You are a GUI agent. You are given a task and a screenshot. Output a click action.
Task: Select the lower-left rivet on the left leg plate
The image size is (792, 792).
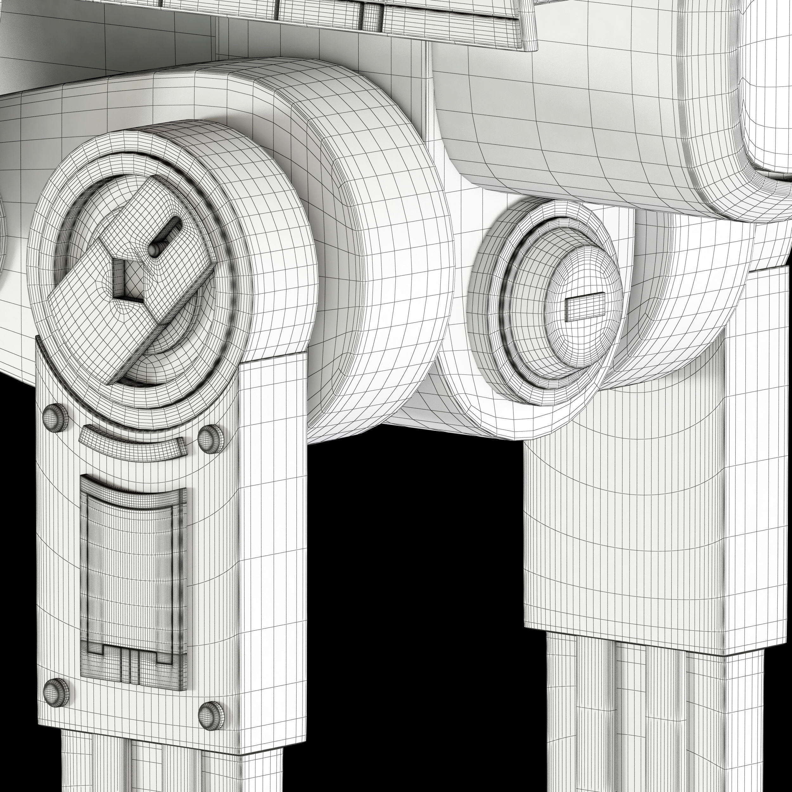pos(56,692)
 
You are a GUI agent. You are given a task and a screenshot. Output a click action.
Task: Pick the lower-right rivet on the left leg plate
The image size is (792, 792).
pos(211,715)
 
